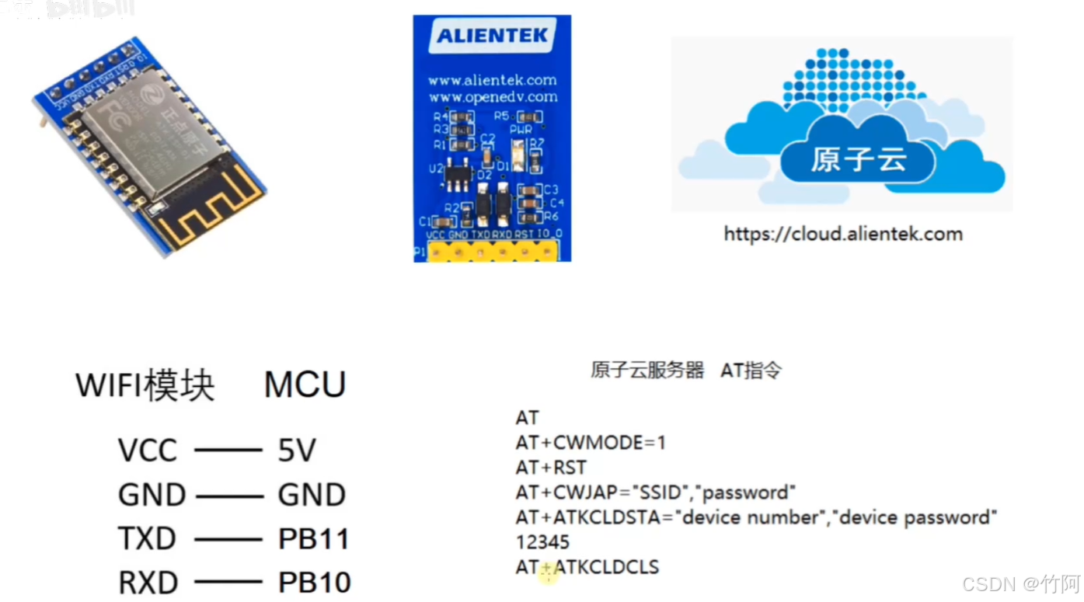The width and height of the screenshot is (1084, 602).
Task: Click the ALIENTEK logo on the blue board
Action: click(492, 36)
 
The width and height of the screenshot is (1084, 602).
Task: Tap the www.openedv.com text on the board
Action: click(492, 97)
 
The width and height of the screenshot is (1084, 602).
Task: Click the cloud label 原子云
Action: click(859, 160)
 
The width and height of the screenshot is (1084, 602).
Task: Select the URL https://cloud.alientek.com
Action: click(843, 234)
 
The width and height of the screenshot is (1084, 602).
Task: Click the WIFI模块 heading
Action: click(145, 385)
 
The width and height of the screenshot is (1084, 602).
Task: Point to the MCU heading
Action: click(305, 385)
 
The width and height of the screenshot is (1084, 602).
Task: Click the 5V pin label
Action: click(296, 451)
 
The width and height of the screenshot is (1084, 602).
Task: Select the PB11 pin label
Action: click(314, 539)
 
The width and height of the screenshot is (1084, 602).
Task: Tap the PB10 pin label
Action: click(314, 583)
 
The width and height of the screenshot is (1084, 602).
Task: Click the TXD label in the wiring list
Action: click(147, 539)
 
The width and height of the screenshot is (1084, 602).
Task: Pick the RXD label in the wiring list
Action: click(148, 583)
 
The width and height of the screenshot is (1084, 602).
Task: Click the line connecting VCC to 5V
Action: click(228, 451)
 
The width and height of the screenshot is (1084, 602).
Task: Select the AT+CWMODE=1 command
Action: click(591, 443)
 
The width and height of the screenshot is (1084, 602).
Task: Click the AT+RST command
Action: click(551, 468)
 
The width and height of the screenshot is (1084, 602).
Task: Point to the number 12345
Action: click(542, 542)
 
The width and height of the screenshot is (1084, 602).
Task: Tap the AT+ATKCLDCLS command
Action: click(587, 567)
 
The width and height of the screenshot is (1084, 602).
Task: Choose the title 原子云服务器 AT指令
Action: click(686, 371)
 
